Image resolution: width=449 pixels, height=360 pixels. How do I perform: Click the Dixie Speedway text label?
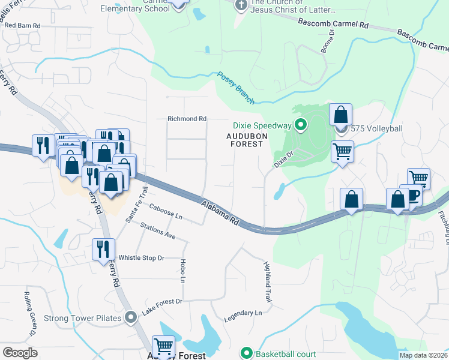pos(262,125)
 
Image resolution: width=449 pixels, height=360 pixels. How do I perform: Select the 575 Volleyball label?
pos(376,128)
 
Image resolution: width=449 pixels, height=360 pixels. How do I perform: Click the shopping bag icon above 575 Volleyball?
pos(340,115)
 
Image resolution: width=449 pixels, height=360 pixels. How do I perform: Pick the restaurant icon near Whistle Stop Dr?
pos(103,248)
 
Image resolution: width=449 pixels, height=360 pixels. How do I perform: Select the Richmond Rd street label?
pos(187,119)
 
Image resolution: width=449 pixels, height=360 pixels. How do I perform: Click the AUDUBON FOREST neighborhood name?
pos(244,140)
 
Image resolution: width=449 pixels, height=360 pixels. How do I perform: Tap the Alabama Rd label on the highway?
pos(220,213)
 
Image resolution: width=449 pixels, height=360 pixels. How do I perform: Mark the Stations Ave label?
pos(158,231)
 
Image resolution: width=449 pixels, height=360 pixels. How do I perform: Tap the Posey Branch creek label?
pos(235,88)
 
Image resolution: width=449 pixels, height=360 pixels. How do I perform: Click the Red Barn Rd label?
pos(22,26)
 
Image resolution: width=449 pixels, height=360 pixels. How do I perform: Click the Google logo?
pos(20,352)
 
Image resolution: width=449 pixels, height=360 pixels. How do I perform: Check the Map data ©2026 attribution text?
pos(423,355)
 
